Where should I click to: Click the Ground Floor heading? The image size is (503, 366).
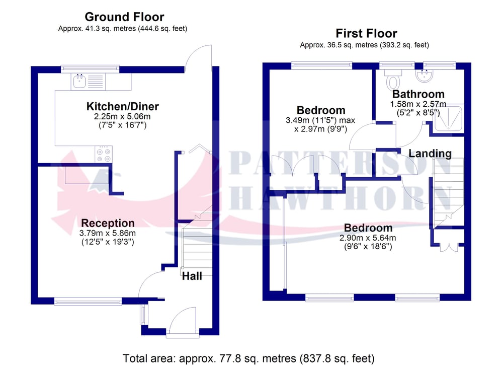coord(124,17)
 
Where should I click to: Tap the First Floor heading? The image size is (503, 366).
coord(366,33)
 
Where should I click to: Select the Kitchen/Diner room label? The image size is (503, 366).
coord(123,106)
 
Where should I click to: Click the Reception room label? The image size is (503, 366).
coord(108,223)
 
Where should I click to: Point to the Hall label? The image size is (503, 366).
coord(192,276)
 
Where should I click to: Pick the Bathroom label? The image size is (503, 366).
coord(418,94)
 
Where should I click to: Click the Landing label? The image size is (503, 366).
coord(430,154)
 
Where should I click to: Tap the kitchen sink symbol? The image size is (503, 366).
coord(79,81)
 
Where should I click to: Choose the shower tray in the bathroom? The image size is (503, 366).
coord(448,118)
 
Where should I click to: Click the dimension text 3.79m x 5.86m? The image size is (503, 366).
coord(108,233)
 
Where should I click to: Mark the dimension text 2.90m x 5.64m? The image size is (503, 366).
coord(368,238)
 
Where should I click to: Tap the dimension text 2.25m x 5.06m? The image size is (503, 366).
coord(122,116)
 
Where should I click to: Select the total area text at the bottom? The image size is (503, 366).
coord(248,358)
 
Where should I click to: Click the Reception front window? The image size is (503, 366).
coord(88,301)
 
